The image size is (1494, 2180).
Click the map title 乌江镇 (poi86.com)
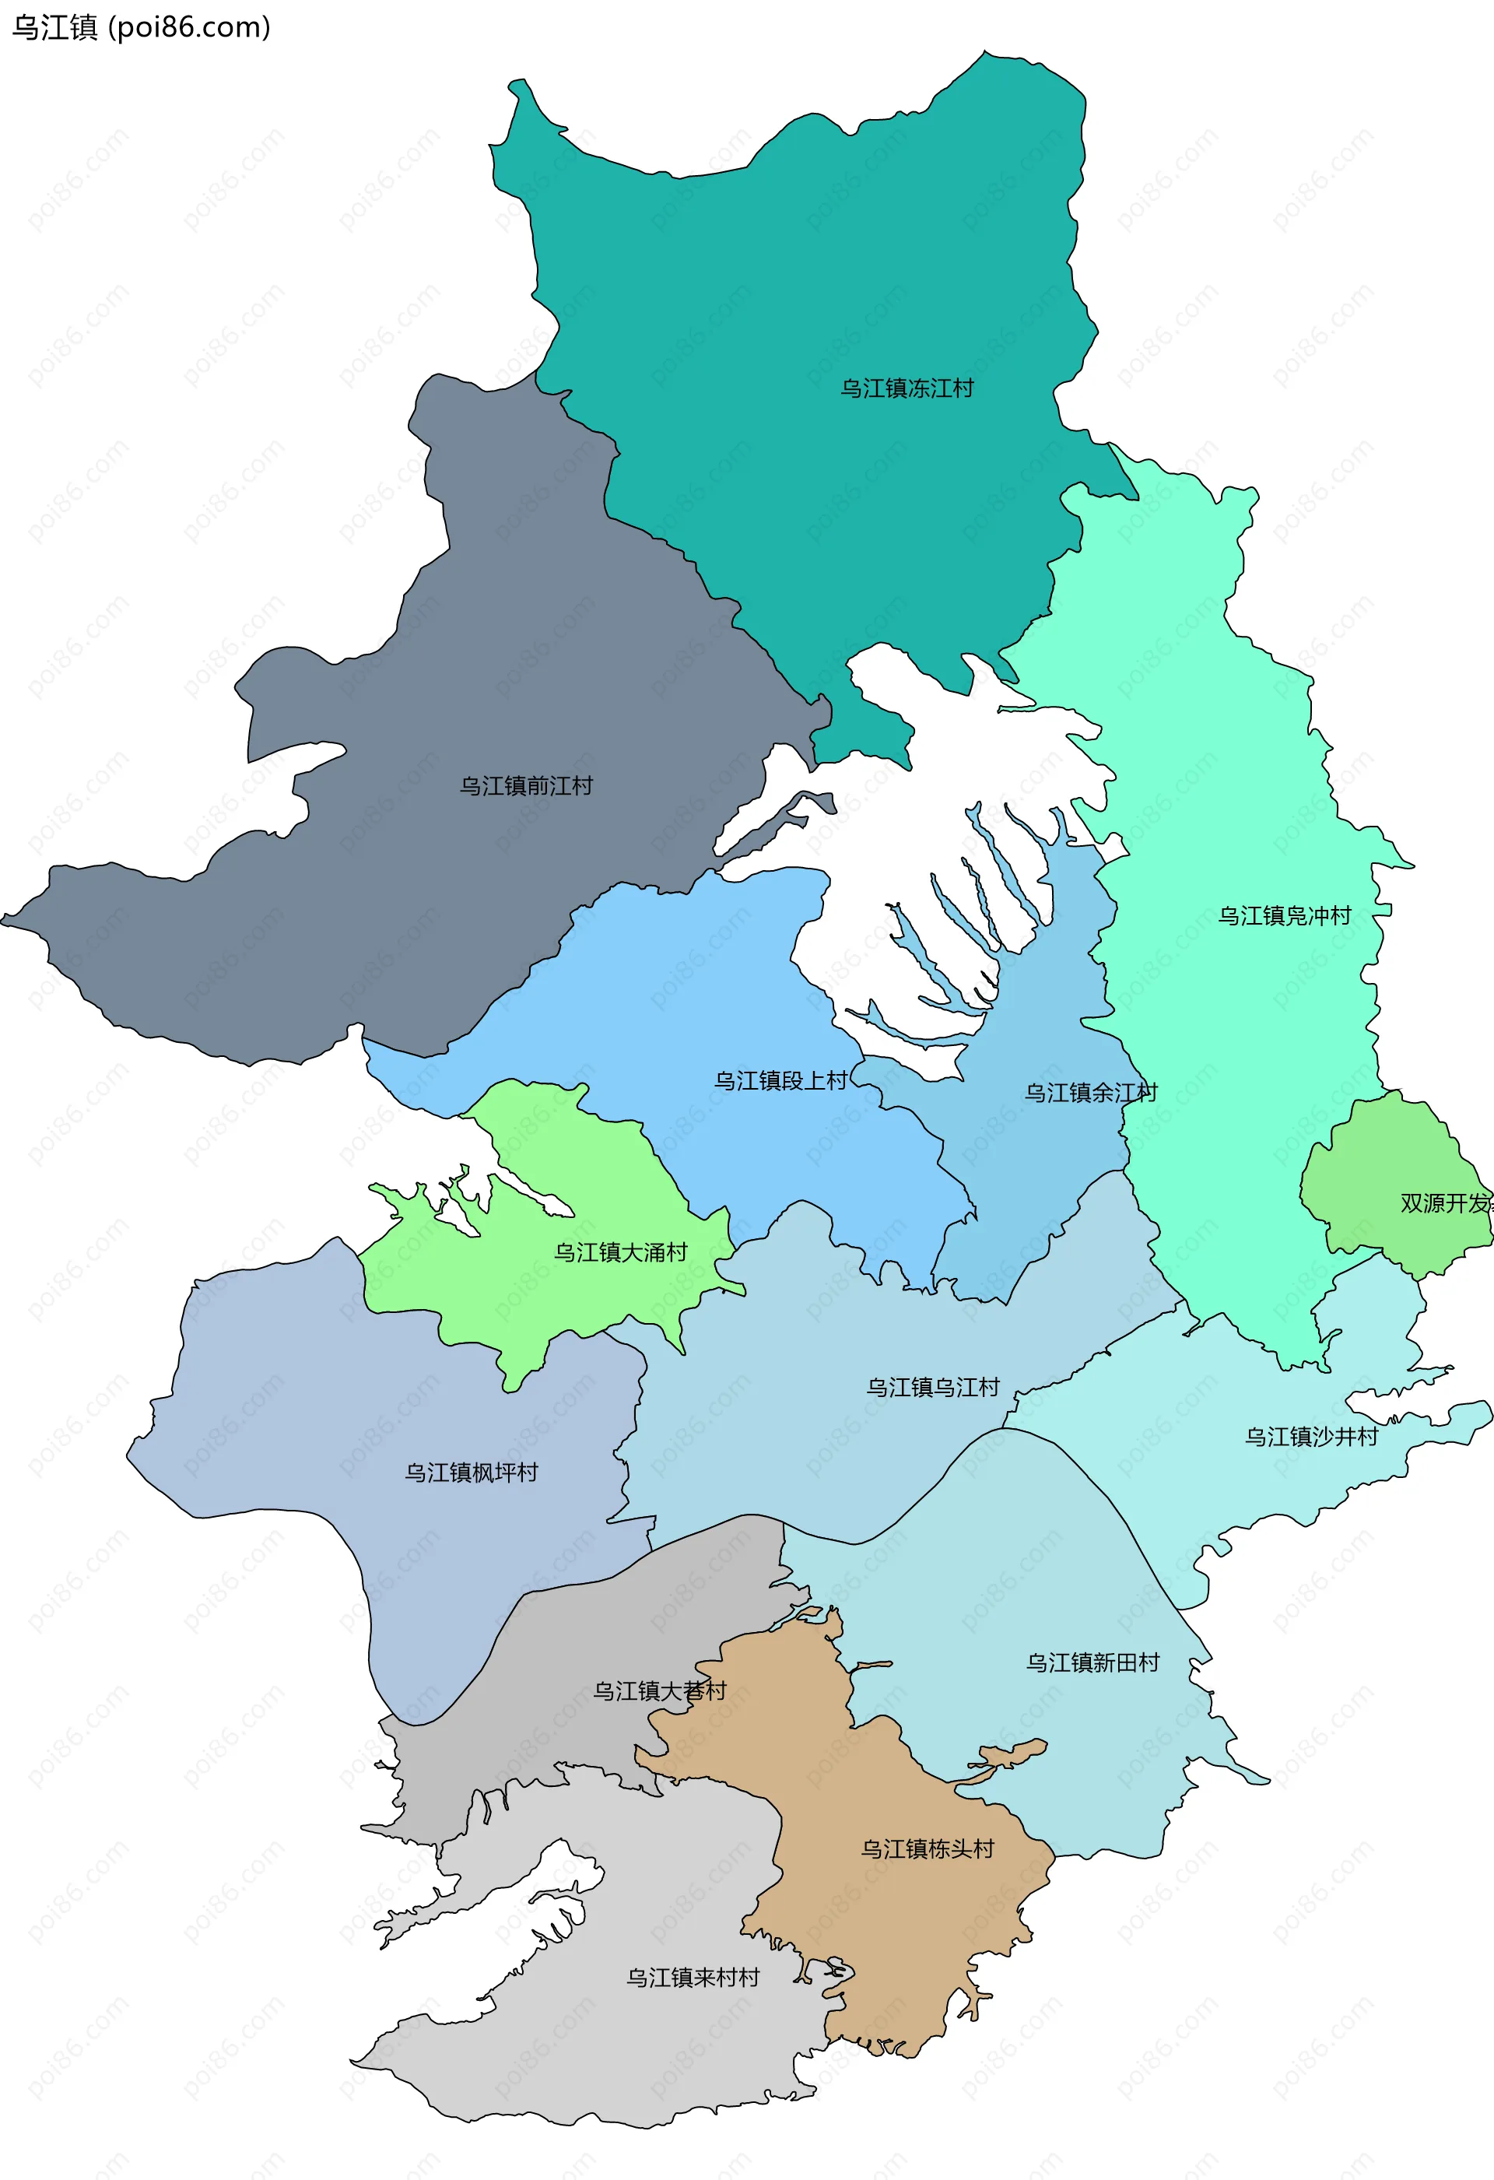point(141,28)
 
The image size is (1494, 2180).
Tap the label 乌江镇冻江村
point(906,388)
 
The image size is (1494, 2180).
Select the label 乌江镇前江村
point(525,786)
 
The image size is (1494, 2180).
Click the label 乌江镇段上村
point(780,1080)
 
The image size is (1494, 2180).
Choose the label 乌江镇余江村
point(1090,1093)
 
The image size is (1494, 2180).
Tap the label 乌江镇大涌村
point(620,1252)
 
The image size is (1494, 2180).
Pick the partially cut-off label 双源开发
point(1445,1203)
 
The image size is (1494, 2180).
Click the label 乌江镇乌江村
point(932,1388)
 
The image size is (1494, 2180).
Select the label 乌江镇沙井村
point(1311,1437)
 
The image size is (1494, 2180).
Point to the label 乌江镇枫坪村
point(471,1473)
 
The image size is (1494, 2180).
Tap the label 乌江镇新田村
point(1092,1663)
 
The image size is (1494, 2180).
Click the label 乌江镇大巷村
point(659,1691)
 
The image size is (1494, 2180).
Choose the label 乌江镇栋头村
point(927,1849)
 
